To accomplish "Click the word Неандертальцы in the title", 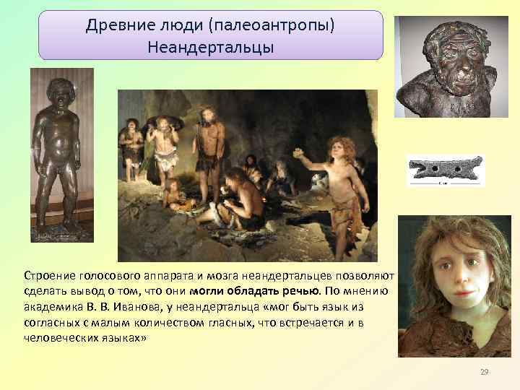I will pyautogui.click(x=210, y=48).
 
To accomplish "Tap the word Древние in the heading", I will pyautogui.click(x=110, y=26).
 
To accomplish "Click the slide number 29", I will pyautogui.click(x=484, y=372).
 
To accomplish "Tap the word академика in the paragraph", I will pyautogui.click(x=51, y=306).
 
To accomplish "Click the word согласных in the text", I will pyautogui.click(x=51, y=322).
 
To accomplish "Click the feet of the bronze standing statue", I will pyautogui.click(x=62, y=227).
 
